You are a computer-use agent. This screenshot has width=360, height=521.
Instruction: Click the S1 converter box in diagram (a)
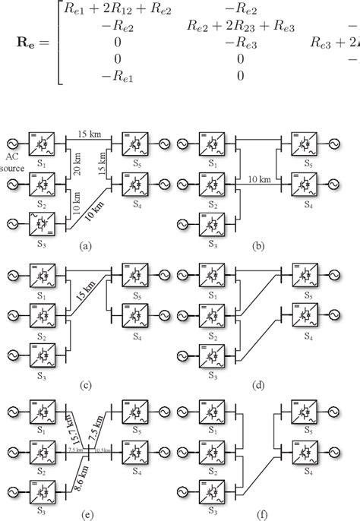click(x=42, y=142)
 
